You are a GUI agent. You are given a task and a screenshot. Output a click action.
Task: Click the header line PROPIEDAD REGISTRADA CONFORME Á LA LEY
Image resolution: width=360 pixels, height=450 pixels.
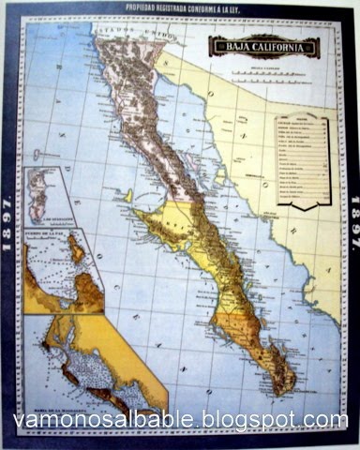pyautogui.click(x=180, y=7)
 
